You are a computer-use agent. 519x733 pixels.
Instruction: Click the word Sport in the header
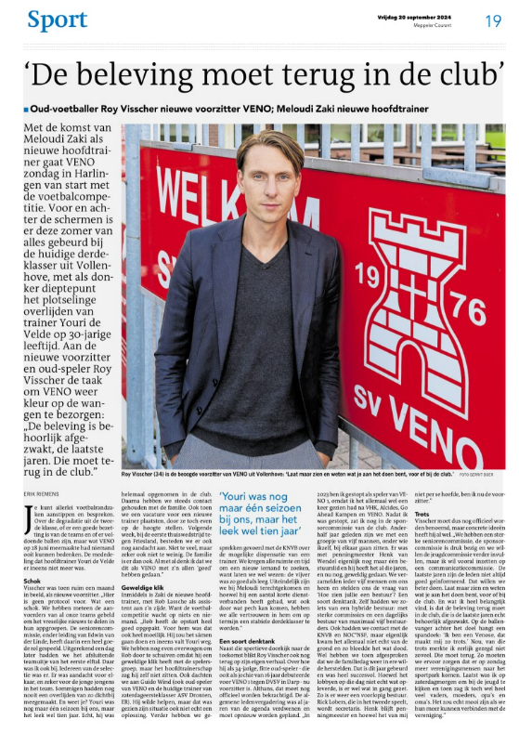click(58, 19)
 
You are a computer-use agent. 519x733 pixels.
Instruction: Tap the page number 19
click(494, 19)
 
